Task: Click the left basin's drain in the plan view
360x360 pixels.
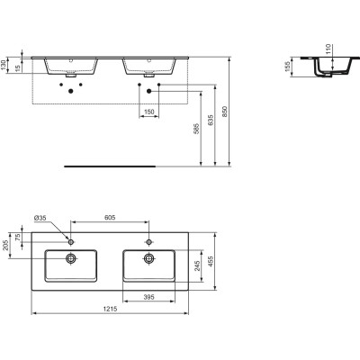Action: pos(71,258)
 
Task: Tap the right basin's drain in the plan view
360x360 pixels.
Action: pos(150,258)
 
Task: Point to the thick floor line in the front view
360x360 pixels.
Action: pos(98,165)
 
